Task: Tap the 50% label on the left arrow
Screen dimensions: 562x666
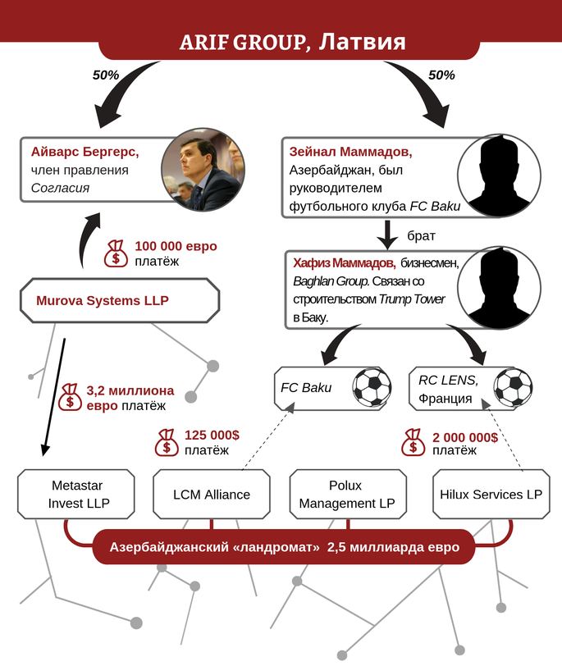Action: coord(106,75)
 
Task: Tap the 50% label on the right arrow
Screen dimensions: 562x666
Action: coord(441,75)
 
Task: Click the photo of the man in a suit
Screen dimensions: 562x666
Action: coord(203,170)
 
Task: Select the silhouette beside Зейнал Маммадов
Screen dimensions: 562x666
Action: coord(499,176)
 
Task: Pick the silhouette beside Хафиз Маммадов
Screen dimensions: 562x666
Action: coord(499,288)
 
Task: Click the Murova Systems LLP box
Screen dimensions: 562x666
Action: coord(120,300)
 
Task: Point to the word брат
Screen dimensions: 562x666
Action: coord(421,235)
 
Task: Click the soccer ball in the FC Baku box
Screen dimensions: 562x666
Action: coord(372,386)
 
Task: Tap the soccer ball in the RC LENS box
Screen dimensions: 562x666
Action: coord(513,387)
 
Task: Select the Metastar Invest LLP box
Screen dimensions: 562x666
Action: coord(76,494)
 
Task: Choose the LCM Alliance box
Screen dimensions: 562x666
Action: coord(212,494)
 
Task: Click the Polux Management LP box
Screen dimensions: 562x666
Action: coord(348,494)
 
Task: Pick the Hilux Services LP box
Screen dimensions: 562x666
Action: coord(491,494)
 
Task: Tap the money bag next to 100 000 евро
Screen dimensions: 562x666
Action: coord(116,253)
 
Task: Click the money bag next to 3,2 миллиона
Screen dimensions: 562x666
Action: coord(70,397)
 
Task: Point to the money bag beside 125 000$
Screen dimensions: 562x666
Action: coord(166,443)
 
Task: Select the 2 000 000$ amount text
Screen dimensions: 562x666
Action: coord(465,437)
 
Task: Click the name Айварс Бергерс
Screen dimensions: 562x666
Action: coord(85,152)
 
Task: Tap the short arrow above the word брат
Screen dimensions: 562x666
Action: coord(387,235)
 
